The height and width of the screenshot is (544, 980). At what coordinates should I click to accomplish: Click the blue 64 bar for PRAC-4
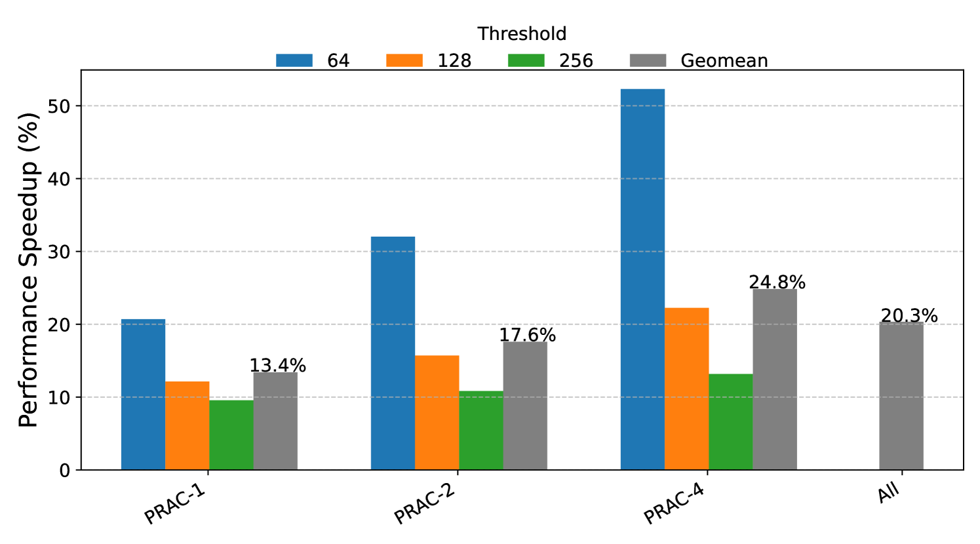[642, 279]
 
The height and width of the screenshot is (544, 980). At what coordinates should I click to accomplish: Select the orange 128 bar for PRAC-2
[437, 412]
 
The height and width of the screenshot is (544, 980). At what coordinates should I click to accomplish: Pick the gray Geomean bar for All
[901, 396]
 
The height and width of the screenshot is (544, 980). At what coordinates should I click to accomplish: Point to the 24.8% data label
[777, 282]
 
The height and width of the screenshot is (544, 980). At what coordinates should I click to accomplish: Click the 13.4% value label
[278, 366]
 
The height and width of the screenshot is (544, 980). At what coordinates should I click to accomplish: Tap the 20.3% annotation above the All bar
[909, 316]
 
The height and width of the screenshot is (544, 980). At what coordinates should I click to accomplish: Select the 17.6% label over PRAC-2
[527, 336]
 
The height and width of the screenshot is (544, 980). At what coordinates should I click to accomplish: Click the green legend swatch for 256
[526, 61]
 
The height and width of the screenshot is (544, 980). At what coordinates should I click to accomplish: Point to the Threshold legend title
[522, 34]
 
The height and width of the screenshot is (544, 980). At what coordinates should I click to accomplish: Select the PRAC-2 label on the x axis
[424, 505]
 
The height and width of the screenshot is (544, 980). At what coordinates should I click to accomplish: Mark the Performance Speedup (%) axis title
[29, 270]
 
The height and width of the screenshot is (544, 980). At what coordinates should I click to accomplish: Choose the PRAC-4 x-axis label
[674, 505]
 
